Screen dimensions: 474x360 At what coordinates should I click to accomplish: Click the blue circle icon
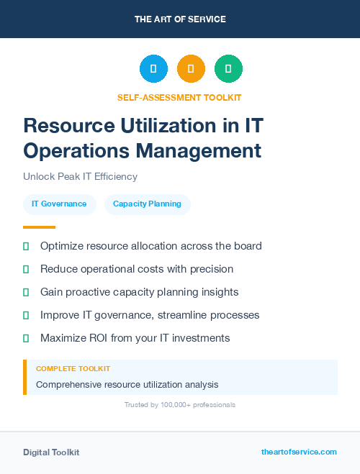(x=153, y=68)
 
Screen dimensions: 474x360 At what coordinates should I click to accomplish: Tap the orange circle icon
(x=191, y=68)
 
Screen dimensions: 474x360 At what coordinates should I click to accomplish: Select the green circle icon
(x=228, y=68)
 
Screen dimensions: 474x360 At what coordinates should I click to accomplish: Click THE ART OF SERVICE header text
(x=180, y=19)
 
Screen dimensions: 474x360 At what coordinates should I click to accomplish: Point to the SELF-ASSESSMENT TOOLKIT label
(x=179, y=97)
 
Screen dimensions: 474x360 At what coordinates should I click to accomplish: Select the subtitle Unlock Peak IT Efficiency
(x=80, y=176)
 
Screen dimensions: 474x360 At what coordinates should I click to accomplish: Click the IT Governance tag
(x=59, y=204)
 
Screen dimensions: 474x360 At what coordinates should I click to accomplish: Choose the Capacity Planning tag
(x=147, y=204)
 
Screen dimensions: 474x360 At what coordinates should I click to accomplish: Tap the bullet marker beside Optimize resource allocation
(x=26, y=246)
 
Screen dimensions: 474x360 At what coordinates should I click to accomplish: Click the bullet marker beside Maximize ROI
(x=26, y=338)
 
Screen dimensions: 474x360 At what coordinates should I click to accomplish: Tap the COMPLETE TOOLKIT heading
(x=73, y=368)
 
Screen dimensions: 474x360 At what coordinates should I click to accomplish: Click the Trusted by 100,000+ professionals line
(x=180, y=405)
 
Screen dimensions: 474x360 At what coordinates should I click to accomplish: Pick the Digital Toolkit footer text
(x=51, y=452)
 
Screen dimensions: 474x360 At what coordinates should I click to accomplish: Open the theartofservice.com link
(x=299, y=452)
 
